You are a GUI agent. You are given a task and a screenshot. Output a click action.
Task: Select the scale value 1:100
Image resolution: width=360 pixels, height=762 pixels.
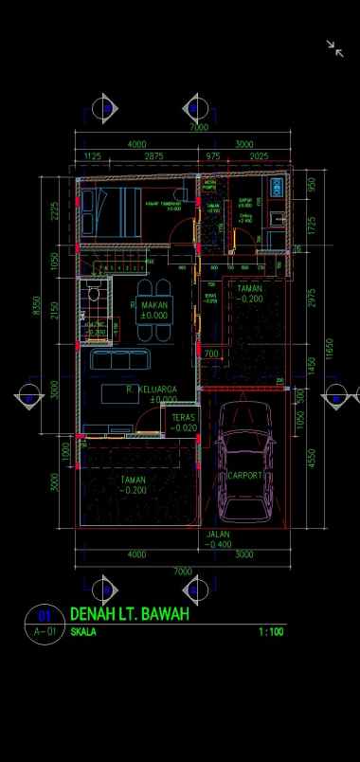[270, 631]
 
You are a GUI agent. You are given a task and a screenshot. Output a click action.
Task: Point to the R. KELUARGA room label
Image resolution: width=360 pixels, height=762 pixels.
[152, 390]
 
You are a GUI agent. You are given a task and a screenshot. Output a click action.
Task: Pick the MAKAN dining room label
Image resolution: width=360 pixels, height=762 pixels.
[153, 306]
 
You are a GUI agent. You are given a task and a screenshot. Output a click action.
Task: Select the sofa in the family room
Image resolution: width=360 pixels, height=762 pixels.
[118, 361]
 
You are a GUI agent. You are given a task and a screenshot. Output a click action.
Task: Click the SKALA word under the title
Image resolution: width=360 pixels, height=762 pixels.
[83, 631]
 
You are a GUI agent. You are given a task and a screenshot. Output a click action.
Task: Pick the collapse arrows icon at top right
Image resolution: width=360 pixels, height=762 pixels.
[334, 48]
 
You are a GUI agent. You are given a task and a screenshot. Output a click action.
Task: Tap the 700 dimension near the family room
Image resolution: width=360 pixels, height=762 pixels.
[210, 354]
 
